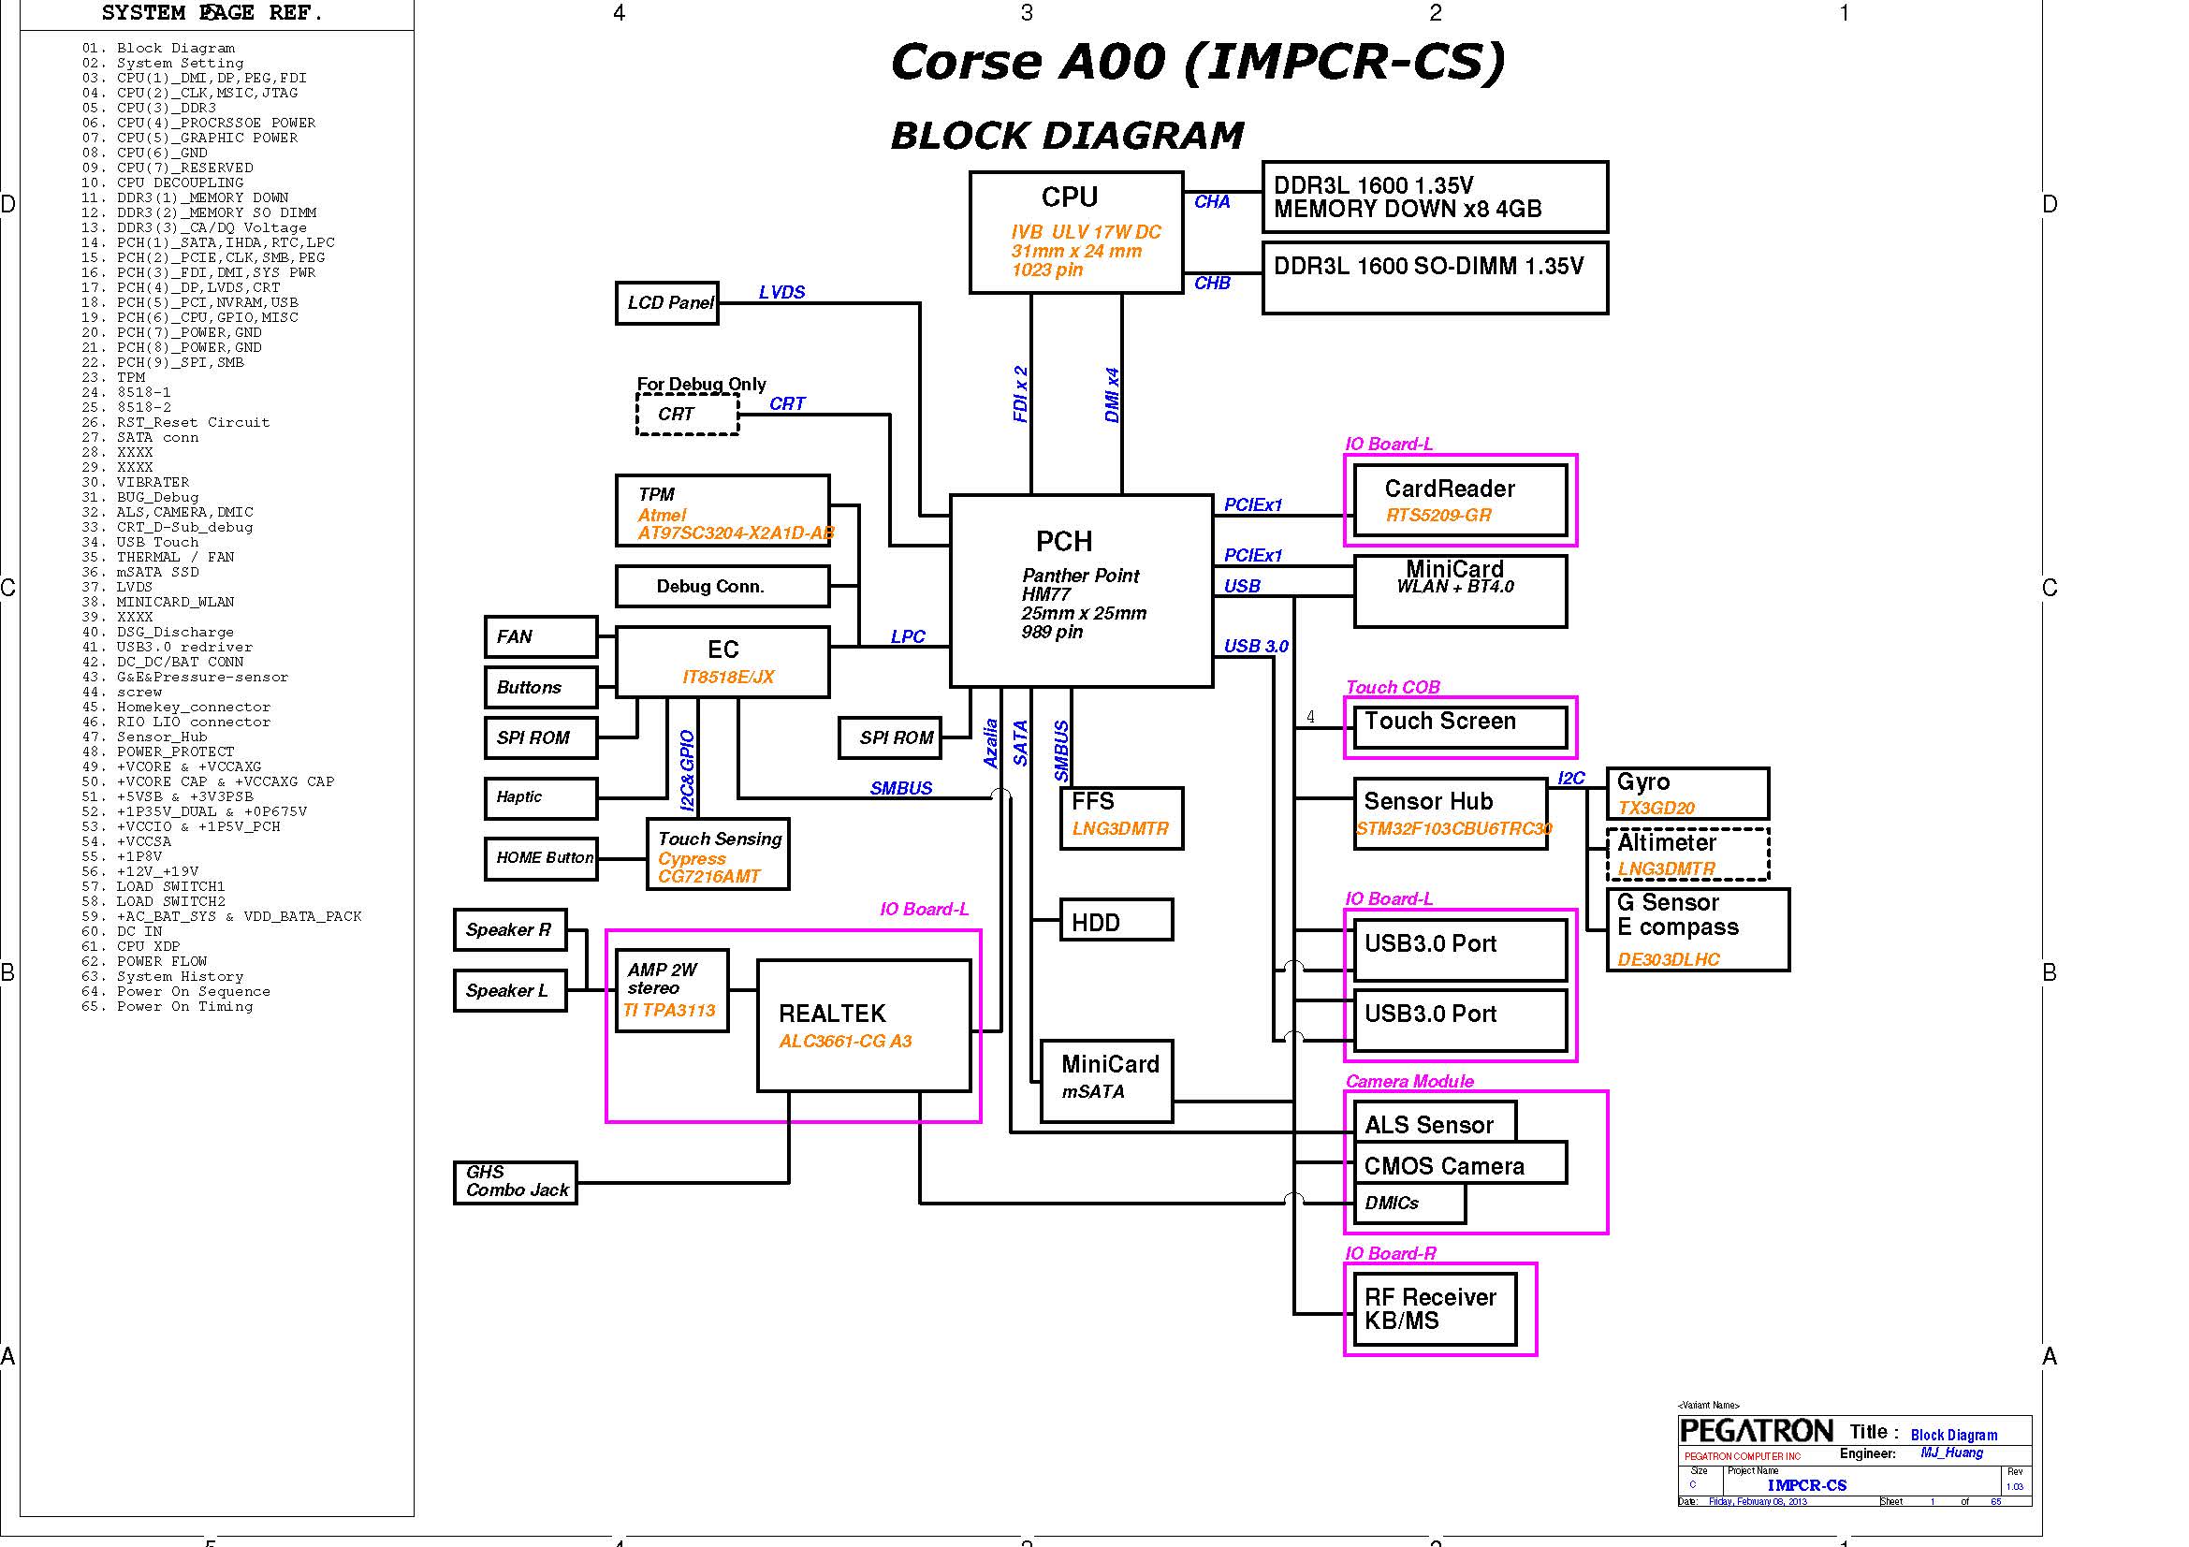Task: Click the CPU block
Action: click(x=1075, y=231)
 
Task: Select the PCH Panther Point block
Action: click(x=1081, y=590)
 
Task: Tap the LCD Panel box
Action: click(x=666, y=303)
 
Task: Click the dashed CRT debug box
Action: click(x=686, y=415)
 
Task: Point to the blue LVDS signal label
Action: click(x=781, y=292)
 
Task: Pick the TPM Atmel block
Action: click(x=722, y=511)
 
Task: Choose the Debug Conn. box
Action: click(x=722, y=586)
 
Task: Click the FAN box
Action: click(x=541, y=636)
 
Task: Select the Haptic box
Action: click(x=541, y=797)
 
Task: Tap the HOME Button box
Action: click(x=541, y=858)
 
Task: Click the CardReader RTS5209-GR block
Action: click(x=1460, y=501)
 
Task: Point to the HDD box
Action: click(x=1116, y=921)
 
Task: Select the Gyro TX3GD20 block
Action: click(x=1686, y=793)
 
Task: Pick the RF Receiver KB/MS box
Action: click(x=1434, y=1308)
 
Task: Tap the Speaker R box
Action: click(x=509, y=930)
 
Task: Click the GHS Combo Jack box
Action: click(x=515, y=1182)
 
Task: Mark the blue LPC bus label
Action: click(x=907, y=636)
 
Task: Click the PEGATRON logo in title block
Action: click(x=1755, y=1431)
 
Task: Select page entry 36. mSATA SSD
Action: click(x=157, y=572)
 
